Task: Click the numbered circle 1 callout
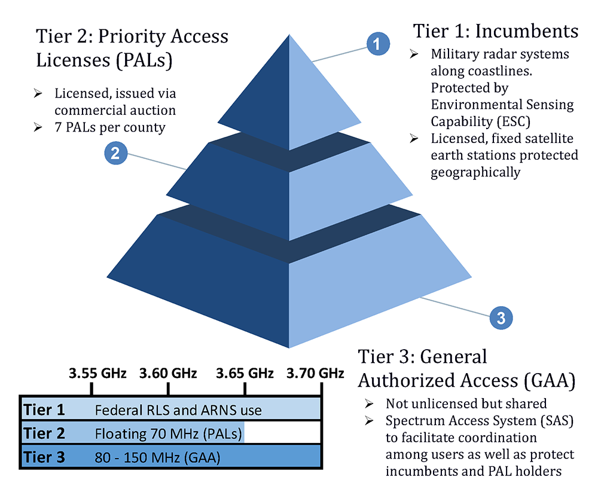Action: click(378, 44)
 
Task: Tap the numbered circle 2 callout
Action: click(115, 152)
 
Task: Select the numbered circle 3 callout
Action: click(501, 317)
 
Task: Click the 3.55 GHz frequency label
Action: click(97, 374)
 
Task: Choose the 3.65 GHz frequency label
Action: click(245, 374)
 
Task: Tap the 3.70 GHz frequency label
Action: click(315, 374)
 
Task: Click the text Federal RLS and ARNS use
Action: click(178, 411)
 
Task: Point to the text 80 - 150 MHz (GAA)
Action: click(157, 458)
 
